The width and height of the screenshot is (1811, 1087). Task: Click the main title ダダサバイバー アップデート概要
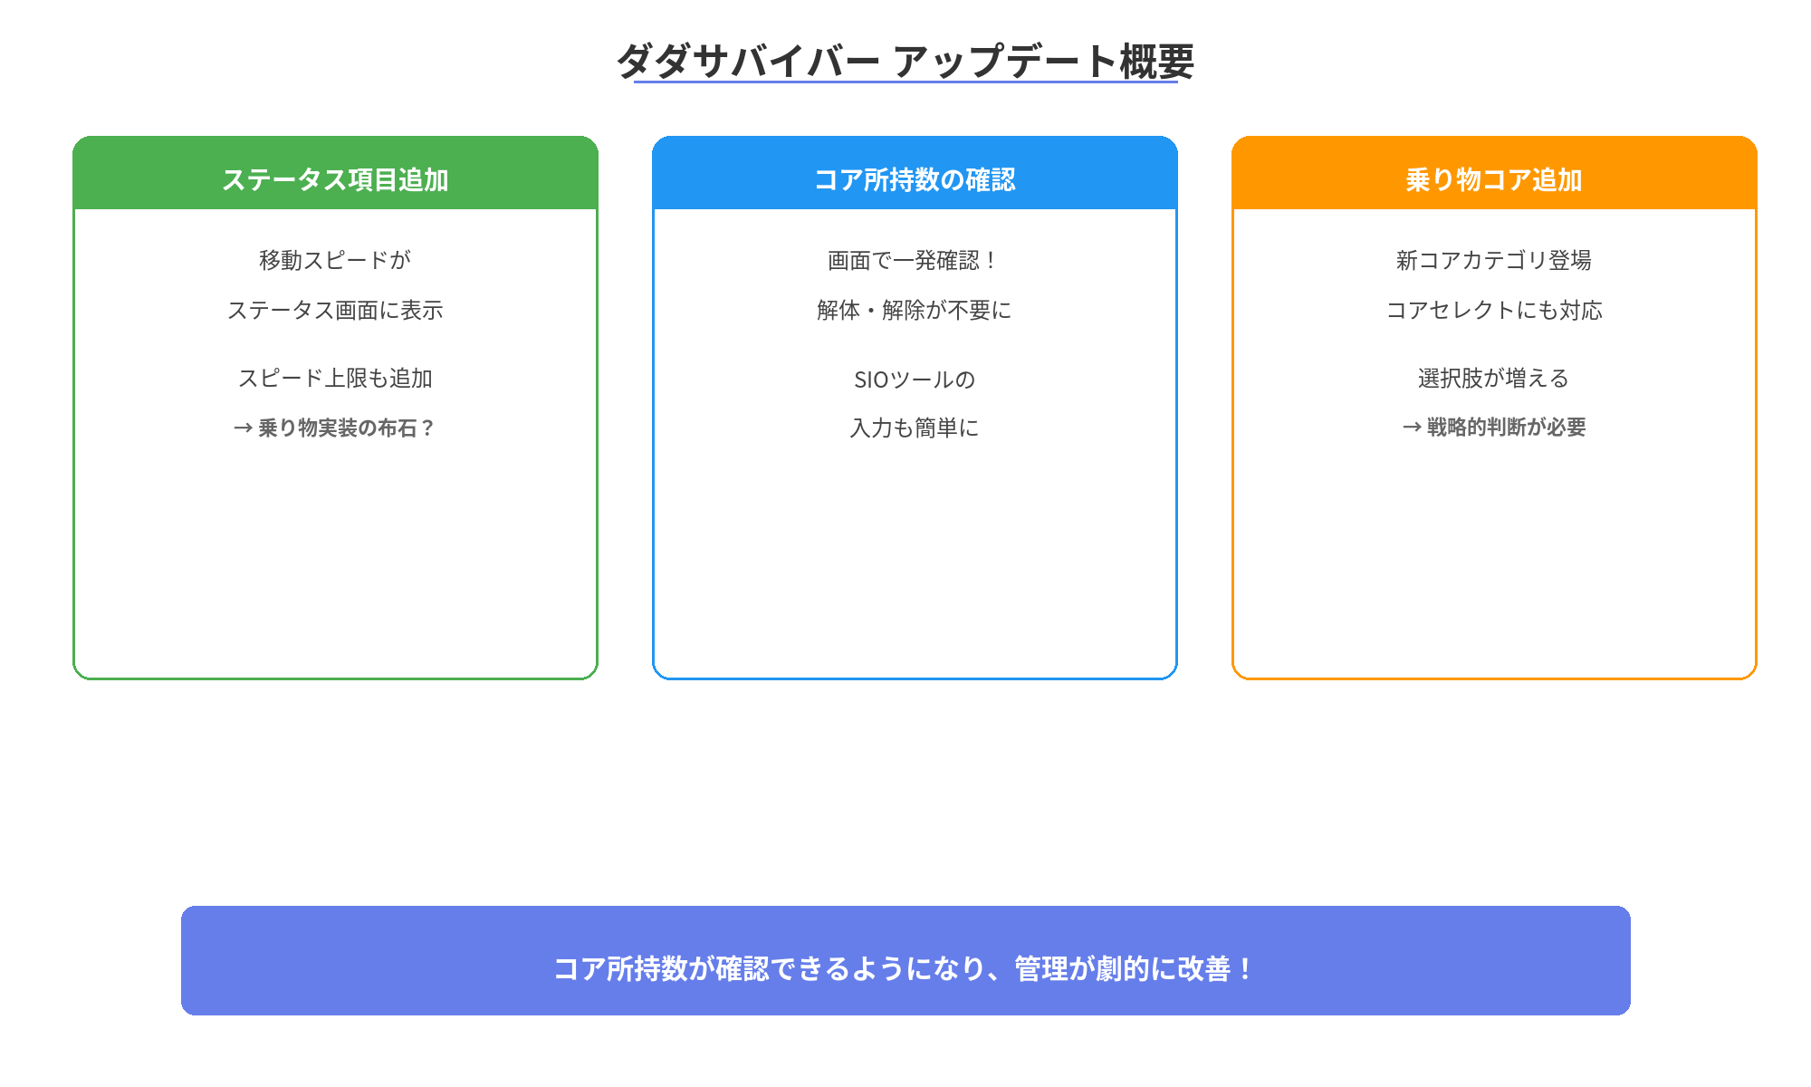pos(905,62)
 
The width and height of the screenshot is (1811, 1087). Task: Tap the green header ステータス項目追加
pos(335,179)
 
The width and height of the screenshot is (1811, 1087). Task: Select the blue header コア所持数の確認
pos(915,179)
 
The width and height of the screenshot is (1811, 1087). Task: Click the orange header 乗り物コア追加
pos(1494,179)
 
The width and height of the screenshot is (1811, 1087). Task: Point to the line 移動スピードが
pos(335,260)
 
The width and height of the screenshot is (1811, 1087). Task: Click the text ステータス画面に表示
pos(335,310)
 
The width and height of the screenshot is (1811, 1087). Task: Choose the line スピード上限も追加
pos(335,378)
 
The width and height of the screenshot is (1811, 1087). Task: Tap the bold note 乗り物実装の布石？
pos(346,428)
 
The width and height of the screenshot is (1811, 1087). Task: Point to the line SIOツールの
pos(915,379)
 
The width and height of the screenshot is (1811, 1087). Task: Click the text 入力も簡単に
pos(915,428)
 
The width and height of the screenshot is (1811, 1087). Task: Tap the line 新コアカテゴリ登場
pos(1494,260)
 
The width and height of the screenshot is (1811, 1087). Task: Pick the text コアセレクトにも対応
pos(1494,310)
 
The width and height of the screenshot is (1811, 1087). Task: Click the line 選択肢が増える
pos(1494,378)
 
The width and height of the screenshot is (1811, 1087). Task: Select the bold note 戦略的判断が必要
pos(1507,428)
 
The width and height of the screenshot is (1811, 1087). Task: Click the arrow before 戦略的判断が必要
pos(1412,428)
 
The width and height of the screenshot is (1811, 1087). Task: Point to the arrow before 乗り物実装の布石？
pos(243,428)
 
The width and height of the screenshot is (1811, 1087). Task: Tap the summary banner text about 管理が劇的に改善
pos(905,968)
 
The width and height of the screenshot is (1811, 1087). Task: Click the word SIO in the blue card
pos(871,380)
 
